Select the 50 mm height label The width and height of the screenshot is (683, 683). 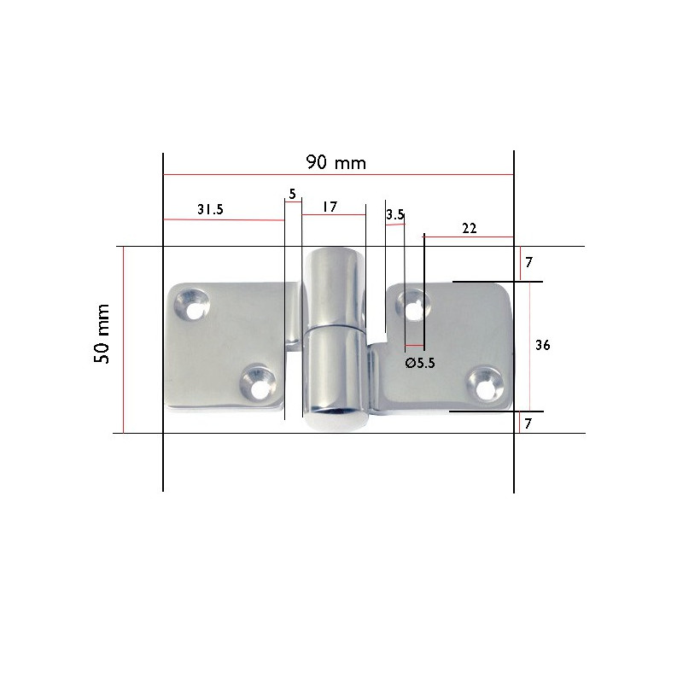pos(102,334)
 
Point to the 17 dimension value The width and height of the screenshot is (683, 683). pos(330,207)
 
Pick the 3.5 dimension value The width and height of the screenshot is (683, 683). pos(394,215)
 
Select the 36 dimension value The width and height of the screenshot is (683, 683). pos(541,345)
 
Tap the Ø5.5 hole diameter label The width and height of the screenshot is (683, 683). pos(420,362)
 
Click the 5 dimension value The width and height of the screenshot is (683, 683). pos(292,195)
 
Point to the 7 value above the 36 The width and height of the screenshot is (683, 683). pos(529,261)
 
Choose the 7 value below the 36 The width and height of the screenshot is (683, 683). pos(529,423)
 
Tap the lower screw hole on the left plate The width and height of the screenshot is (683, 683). pos(257,379)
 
